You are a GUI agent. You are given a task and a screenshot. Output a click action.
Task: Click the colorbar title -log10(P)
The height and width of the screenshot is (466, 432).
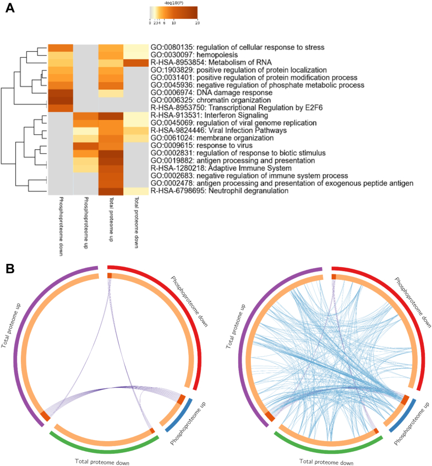tap(173, 4)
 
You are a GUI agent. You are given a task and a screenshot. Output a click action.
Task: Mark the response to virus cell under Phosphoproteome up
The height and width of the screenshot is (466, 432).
tap(86, 146)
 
